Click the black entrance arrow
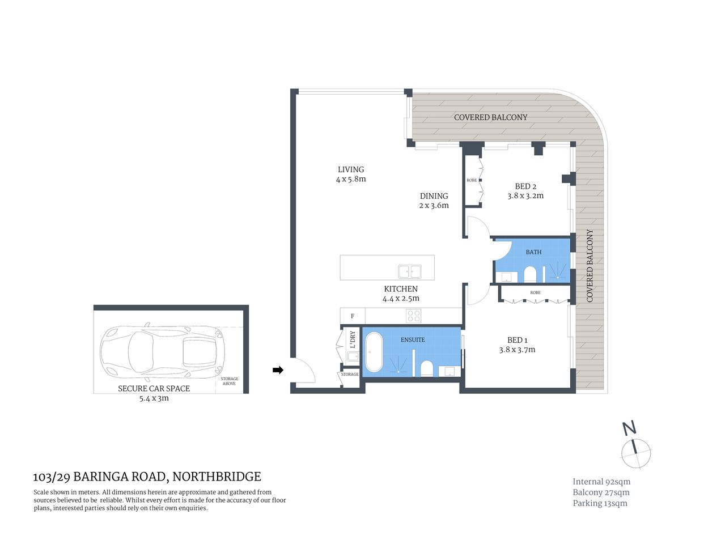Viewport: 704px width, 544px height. [278, 370]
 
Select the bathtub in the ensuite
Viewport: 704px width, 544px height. [374, 351]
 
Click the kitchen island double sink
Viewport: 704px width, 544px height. [410, 271]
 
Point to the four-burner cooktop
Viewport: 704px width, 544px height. [413, 316]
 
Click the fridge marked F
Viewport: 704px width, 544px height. [353, 316]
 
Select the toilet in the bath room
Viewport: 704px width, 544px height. [531, 275]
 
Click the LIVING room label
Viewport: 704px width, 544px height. [351, 169]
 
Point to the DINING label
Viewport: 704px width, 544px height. [434, 196]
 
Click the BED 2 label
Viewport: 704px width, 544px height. [525, 186]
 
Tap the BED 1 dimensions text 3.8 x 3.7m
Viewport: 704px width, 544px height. [517, 350]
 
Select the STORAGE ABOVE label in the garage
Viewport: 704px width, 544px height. [230, 381]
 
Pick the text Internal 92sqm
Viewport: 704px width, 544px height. [601, 482]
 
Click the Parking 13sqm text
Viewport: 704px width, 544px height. [600, 503]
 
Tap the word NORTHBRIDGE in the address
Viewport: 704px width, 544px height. [217, 477]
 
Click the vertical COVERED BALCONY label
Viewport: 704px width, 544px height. [590, 265]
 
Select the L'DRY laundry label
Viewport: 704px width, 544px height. [353, 339]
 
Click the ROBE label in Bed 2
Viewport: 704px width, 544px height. [472, 180]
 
